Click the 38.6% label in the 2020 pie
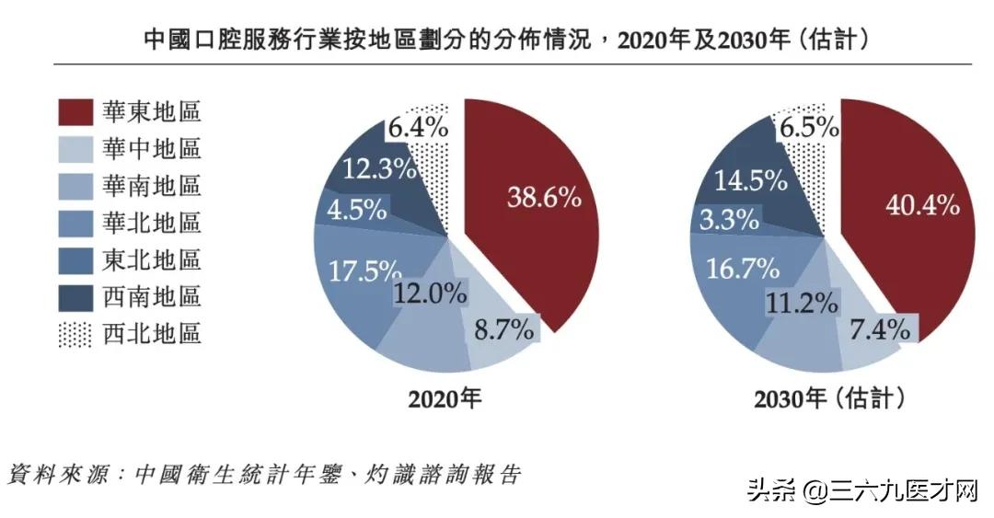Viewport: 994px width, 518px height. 544,197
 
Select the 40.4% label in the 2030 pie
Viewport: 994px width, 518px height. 921,204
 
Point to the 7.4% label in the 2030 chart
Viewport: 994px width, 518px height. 879,328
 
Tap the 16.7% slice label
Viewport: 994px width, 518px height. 743,267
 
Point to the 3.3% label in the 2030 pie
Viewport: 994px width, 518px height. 728,220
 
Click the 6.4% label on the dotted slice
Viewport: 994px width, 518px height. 418,128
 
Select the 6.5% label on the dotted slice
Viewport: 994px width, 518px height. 807,128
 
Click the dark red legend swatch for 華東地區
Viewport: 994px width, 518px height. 75,112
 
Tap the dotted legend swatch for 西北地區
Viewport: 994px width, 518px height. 75,333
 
